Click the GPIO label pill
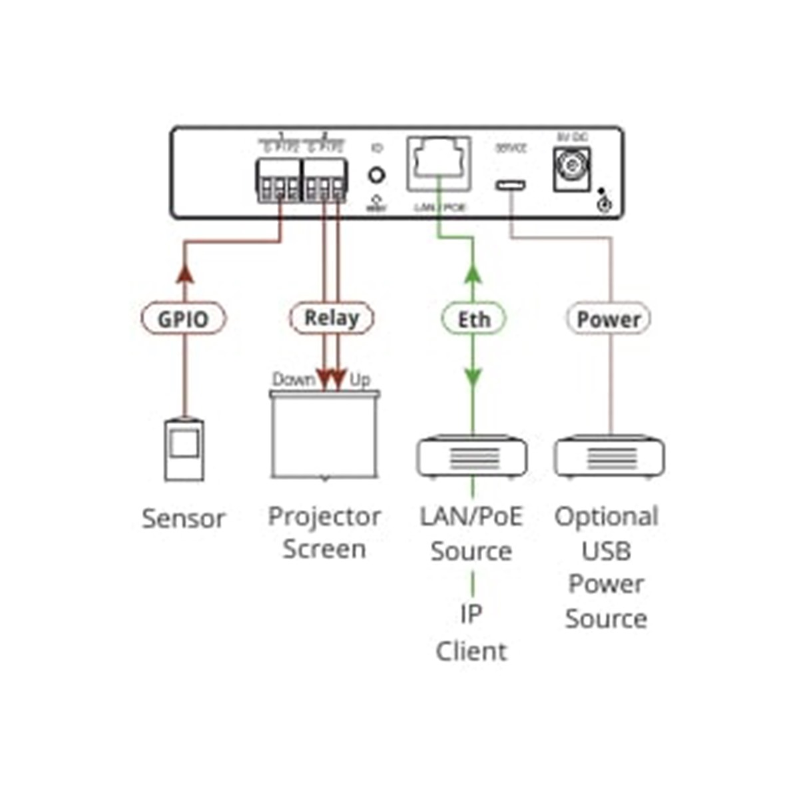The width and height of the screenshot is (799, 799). [183, 319]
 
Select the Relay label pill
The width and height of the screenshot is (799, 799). [331, 318]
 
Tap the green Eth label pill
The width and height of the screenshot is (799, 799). [473, 320]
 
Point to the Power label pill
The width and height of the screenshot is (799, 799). [608, 320]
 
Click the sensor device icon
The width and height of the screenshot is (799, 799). [184, 449]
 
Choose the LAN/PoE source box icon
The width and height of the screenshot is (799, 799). [472, 457]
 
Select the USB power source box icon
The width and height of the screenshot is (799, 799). [609, 457]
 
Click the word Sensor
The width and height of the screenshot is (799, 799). [184, 519]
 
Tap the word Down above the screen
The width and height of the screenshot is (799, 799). [293, 380]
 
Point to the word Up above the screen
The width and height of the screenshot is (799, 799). [360, 380]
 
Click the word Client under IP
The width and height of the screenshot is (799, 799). [471, 651]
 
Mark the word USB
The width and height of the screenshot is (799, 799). [606, 551]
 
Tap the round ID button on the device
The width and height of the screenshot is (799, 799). [377, 176]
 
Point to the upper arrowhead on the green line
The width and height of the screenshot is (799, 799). [473, 273]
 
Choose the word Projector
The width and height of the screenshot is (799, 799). [324, 516]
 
